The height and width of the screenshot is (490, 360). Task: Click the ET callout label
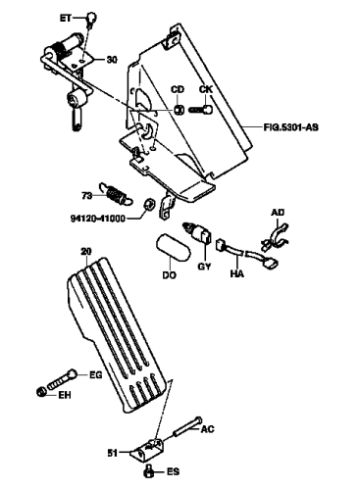(66, 18)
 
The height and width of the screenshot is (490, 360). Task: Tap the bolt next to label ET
(91, 18)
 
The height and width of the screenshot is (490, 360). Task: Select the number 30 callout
(112, 60)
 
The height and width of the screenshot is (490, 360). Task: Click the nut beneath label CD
(179, 110)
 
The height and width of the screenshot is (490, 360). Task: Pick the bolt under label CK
(200, 110)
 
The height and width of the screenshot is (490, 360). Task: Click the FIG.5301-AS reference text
(290, 126)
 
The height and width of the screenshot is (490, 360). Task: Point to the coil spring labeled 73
(116, 194)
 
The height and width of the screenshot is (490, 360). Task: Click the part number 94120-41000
(98, 219)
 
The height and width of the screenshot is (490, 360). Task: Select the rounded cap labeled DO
(172, 247)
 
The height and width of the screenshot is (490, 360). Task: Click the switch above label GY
(198, 232)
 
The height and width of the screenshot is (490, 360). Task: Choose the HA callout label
(236, 273)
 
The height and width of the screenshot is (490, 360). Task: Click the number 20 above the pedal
(86, 252)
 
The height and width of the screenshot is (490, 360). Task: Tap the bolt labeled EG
(63, 379)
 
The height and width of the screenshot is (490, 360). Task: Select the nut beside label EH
(42, 391)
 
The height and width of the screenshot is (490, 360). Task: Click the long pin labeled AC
(187, 426)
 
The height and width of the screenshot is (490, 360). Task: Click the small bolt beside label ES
(148, 471)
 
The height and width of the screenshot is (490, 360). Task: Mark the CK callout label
(206, 89)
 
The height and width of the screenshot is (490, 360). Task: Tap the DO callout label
(169, 275)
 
